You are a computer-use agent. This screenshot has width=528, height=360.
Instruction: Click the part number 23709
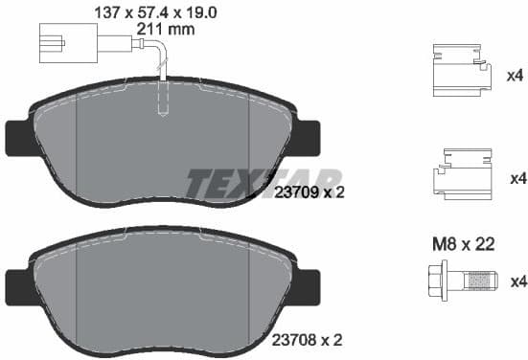click(x=294, y=191)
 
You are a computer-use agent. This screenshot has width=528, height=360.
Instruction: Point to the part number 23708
click(x=294, y=338)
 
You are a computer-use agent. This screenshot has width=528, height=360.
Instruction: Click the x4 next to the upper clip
click(x=516, y=74)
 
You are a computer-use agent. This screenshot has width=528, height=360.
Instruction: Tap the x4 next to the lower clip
click(x=516, y=178)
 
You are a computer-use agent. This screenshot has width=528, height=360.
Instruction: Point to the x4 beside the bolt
click(x=516, y=281)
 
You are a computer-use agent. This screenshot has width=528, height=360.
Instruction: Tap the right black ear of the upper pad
click(x=309, y=137)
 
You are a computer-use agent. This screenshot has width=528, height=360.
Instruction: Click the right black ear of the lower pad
click(x=309, y=283)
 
